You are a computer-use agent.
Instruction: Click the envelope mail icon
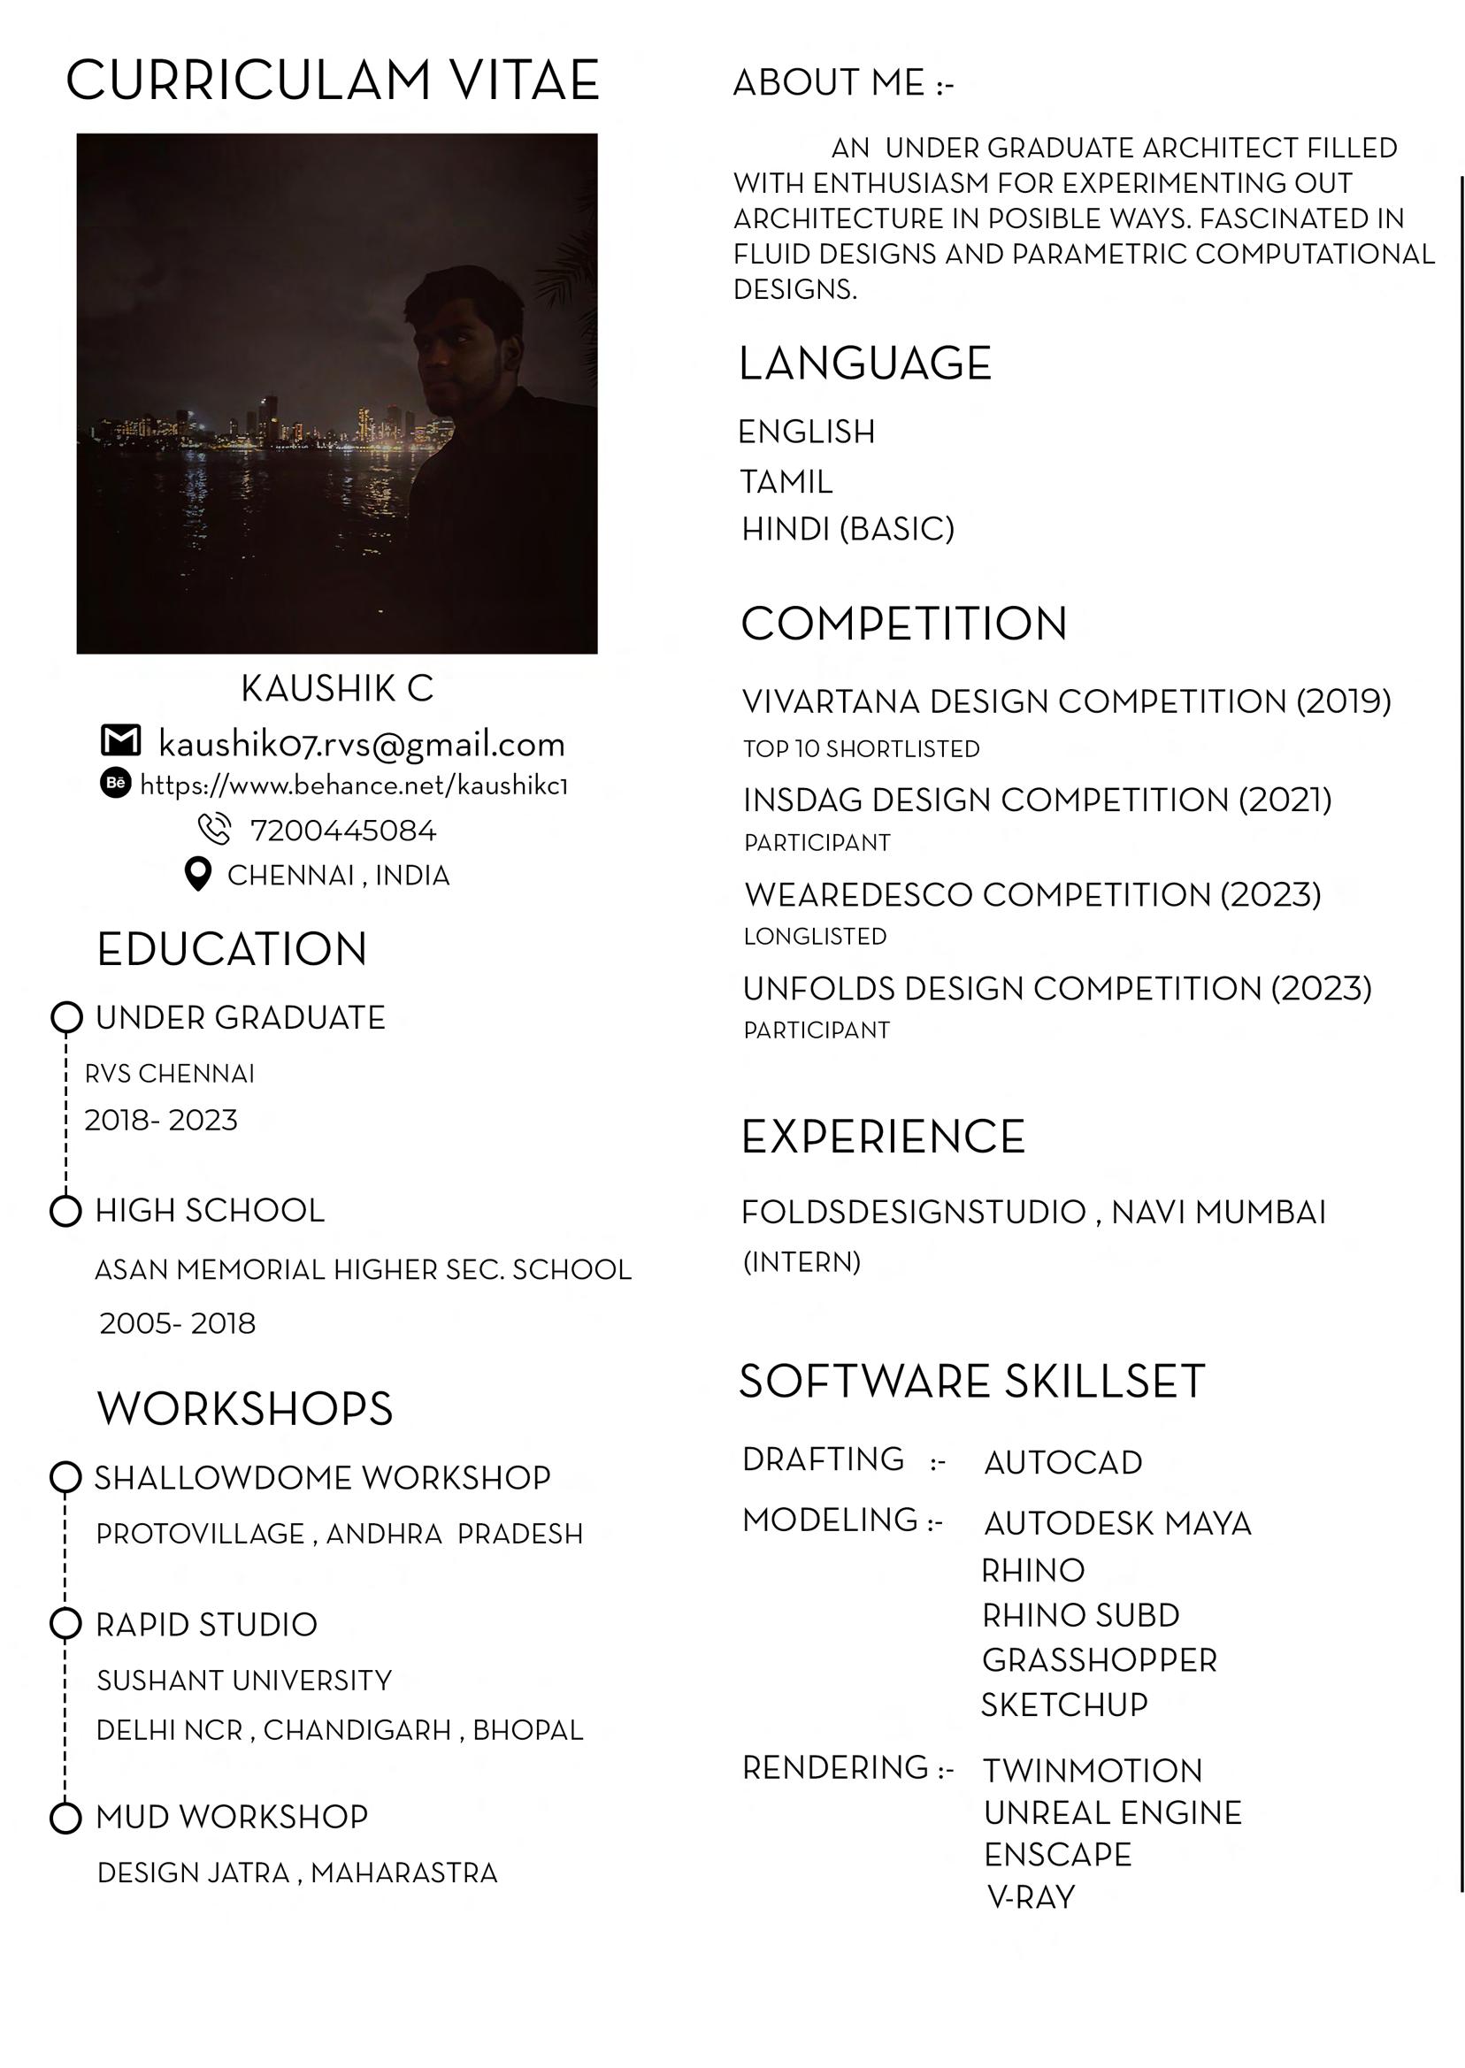[121, 740]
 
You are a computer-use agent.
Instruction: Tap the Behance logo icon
[116, 783]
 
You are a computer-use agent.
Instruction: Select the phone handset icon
[214, 828]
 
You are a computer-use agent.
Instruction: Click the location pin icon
[197, 874]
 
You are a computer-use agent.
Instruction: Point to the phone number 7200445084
[342, 831]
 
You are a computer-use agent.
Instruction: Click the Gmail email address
[362, 744]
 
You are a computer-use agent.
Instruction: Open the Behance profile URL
[354, 785]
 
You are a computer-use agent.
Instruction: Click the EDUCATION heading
[232, 950]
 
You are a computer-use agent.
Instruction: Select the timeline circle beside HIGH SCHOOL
[65, 1211]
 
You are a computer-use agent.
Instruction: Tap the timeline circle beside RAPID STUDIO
[65, 1623]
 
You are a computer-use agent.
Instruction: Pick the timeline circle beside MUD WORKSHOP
[65, 1818]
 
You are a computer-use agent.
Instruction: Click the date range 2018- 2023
[161, 1120]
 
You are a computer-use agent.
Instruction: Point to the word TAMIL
[786, 482]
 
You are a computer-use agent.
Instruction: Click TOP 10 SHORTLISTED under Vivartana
[861, 749]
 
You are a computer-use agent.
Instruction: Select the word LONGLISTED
[815, 937]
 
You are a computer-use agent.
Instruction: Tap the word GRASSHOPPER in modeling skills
[1099, 1660]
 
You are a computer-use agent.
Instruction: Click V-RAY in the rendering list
[1032, 1897]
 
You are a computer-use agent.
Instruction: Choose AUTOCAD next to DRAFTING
[1062, 1463]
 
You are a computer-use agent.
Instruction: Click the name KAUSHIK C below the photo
[337, 689]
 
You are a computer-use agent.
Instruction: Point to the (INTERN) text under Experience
[801, 1261]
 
